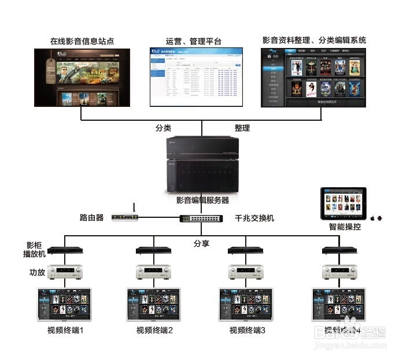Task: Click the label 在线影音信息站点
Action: [81, 42]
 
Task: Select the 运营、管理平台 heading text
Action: [193, 42]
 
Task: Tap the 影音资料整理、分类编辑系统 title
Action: [314, 40]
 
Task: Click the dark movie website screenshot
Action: [81, 77]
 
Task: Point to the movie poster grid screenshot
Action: [315, 77]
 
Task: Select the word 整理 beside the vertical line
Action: [242, 128]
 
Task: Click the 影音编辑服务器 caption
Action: [202, 201]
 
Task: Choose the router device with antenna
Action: [125, 217]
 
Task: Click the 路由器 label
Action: [91, 218]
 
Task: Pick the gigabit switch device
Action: [202, 218]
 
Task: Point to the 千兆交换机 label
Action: [254, 218]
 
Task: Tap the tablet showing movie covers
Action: [346, 202]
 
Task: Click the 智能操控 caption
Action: [345, 227]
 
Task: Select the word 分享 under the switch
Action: [201, 243]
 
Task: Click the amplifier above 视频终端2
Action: [153, 272]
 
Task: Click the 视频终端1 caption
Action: [65, 331]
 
